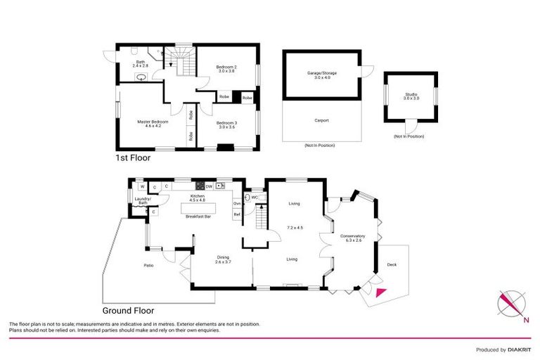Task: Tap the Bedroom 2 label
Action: click(225, 67)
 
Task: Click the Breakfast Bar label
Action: click(198, 217)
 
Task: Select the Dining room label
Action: click(223, 258)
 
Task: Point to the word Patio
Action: click(148, 265)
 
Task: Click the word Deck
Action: click(392, 264)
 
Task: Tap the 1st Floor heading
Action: click(132, 159)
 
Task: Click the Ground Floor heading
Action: click(128, 310)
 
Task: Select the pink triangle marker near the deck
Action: click(380, 294)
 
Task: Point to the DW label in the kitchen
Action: click(209, 186)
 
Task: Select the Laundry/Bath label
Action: click(143, 201)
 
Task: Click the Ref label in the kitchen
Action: click(237, 214)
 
